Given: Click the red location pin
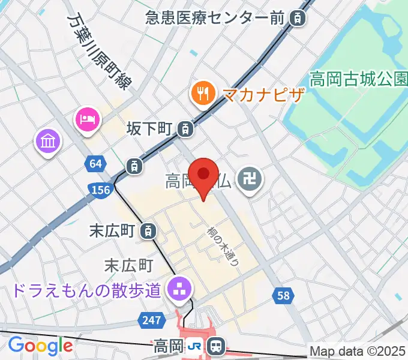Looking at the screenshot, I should tap(204, 176).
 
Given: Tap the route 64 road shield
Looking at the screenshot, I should tap(95, 163).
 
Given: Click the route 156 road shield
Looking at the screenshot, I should tap(101, 190).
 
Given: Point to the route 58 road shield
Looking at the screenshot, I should tap(284, 295).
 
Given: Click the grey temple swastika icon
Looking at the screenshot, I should tap(247, 178).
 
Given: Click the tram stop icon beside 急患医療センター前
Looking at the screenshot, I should tap(296, 18).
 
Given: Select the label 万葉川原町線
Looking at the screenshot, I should tap(99, 53).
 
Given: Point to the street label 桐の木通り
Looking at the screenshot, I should tap(223, 246).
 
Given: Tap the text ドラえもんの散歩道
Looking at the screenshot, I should tap(86, 291).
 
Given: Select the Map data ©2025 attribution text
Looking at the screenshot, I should tap(358, 351).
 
